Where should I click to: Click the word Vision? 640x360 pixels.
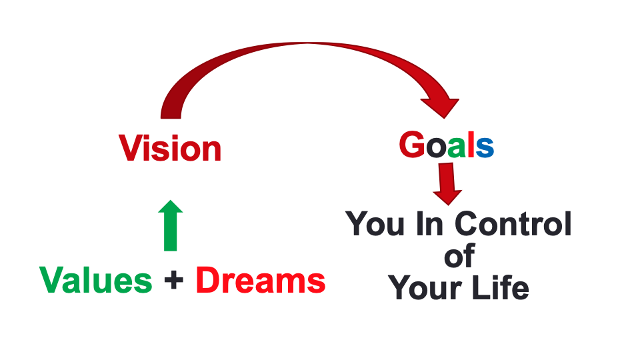170,148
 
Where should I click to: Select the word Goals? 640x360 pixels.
446,145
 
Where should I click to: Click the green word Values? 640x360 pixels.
96,281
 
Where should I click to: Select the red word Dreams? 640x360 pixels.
261,281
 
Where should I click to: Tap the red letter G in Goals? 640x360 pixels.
412,145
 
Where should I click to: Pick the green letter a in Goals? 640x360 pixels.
455,147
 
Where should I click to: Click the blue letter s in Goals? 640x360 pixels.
485,147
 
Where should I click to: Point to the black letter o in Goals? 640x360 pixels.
435,147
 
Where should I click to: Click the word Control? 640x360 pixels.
513,224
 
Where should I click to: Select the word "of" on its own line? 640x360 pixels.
459,256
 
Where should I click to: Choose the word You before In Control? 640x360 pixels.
375,225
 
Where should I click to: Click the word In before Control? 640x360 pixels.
432,224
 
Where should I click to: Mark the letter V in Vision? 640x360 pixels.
131,148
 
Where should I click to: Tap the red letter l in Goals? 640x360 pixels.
470,145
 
